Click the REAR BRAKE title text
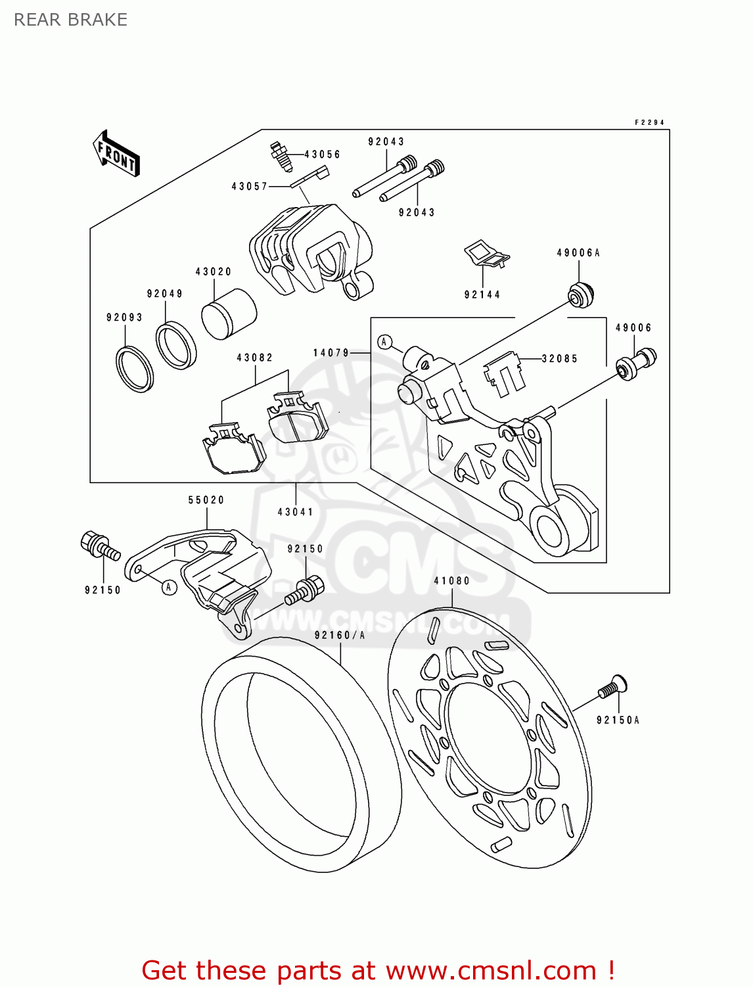(x=70, y=20)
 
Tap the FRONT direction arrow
(x=116, y=154)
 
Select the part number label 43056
(x=322, y=154)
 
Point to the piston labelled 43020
(x=228, y=314)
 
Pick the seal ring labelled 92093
(x=135, y=368)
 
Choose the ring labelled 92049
(x=175, y=344)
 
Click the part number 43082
(x=255, y=358)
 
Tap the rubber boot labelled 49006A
(x=580, y=294)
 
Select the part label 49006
(x=633, y=327)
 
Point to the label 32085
(x=560, y=358)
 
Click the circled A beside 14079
(x=385, y=342)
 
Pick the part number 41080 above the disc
(x=452, y=580)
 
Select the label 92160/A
(x=340, y=635)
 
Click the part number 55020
(x=206, y=500)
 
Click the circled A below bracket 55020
(x=170, y=586)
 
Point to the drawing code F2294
(x=649, y=122)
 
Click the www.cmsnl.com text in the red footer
(x=490, y=970)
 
